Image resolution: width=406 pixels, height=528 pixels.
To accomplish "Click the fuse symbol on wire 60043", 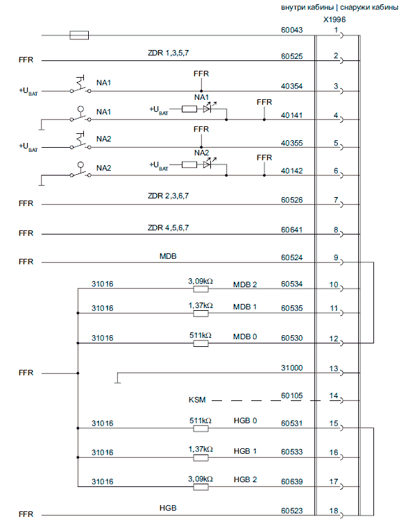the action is point(79,35).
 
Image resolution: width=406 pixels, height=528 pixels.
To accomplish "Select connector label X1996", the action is point(335,19).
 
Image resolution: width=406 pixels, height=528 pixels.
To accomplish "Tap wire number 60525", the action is point(291,56).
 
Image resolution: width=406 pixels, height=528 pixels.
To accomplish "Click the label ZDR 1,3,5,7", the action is point(168,53).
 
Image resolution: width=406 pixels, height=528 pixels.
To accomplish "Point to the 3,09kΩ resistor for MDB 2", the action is point(201,289).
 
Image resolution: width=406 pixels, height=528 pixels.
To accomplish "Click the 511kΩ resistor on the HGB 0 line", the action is point(201,428).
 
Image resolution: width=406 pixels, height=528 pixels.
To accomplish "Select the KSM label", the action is point(197,400).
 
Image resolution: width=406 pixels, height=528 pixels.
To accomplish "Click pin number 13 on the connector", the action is point(334,368).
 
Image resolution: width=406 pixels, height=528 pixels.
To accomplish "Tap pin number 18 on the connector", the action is point(334,511).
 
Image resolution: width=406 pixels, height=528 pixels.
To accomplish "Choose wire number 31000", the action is point(291,368).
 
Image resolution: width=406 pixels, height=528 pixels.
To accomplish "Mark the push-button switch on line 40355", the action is point(81,142).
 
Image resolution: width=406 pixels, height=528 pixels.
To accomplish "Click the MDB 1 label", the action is point(245,307).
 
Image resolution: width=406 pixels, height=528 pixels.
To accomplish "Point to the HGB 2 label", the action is point(245,479).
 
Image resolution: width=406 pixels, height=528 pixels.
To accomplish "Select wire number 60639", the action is point(291,482).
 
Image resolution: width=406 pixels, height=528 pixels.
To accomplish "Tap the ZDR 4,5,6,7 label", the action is point(168,228).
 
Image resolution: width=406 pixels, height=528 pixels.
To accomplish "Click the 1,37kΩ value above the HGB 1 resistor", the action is point(201,449).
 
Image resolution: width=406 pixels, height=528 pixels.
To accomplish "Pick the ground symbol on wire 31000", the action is point(117,379).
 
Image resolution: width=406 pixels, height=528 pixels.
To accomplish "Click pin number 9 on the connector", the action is point(336,257).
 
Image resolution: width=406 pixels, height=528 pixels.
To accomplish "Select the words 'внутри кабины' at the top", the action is point(307,8).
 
